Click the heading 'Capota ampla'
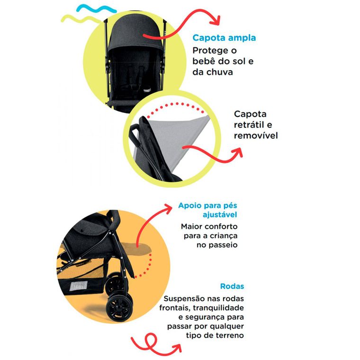[x=224, y=38]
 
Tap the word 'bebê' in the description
[x=203, y=61]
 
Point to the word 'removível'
[x=256, y=135]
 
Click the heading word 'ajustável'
[x=220, y=215]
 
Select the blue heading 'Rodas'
[x=232, y=286]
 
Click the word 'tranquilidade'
[x=218, y=307]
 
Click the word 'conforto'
[x=223, y=226]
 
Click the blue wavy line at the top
[x=97, y=9]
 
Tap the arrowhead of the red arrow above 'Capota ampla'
[x=216, y=20]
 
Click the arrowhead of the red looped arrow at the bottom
[x=177, y=348]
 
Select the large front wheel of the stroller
[x=119, y=308]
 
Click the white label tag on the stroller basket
[x=79, y=286]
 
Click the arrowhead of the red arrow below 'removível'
[x=238, y=153]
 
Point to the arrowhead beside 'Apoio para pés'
[x=167, y=208]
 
